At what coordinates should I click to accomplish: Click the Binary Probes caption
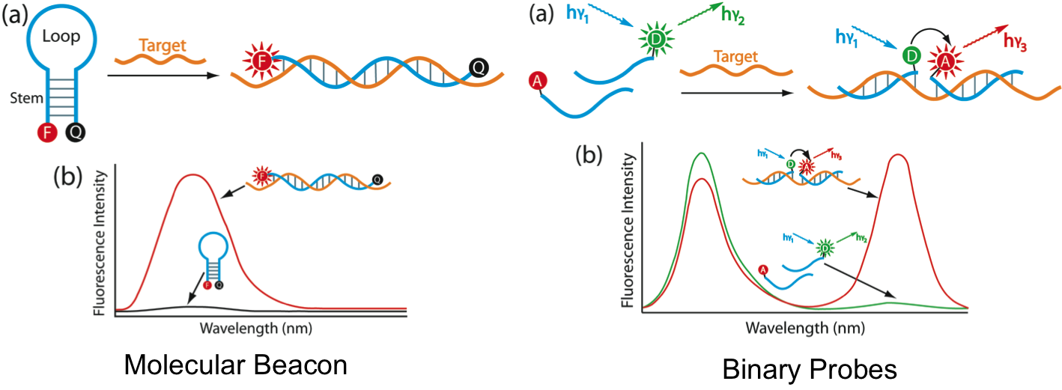tap(809, 368)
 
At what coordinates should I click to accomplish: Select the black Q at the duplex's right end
tap(477, 69)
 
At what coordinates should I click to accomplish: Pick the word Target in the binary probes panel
tap(735, 56)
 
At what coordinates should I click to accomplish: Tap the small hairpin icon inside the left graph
tap(212, 258)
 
